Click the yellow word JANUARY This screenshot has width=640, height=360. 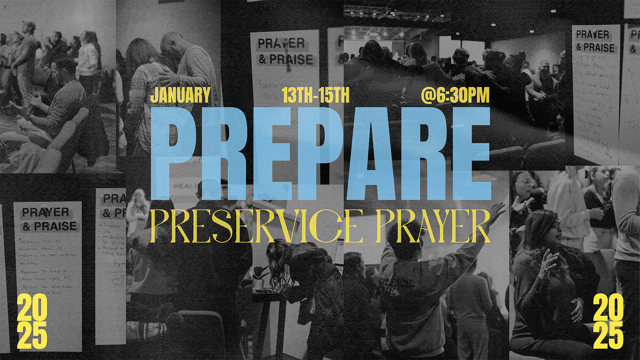(180, 95)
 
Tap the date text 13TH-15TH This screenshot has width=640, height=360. (315, 95)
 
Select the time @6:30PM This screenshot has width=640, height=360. (455, 95)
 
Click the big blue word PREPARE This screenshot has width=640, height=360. (320, 153)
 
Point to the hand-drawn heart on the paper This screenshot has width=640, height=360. (118, 280)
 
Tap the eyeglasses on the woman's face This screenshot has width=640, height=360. (526, 182)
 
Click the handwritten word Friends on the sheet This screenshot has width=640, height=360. (112, 226)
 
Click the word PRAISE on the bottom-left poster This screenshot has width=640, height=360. (55, 226)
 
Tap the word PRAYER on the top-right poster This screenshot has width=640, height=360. (592, 34)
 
